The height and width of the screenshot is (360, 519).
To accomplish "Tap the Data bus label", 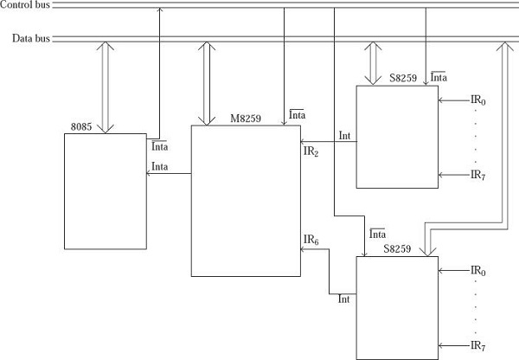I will click(x=30, y=39).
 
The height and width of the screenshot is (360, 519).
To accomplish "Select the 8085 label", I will click(x=80, y=127).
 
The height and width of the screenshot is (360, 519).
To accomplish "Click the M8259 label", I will click(x=247, y=117).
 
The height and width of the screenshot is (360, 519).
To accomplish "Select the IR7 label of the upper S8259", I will click(x=477, y=174).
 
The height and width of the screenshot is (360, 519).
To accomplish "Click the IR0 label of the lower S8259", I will click(x=477, y=271).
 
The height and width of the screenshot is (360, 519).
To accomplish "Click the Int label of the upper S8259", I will click(x=344, y=135).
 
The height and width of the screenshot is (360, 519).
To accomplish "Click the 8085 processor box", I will click(x=104, y=190).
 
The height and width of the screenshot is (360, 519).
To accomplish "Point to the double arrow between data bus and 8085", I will click(x=106, y=87).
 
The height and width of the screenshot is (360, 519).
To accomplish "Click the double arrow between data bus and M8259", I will click(x=206, y=83).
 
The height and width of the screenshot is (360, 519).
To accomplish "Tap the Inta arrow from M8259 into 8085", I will click(x=169, y=174).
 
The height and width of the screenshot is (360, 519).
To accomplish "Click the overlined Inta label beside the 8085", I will click(x=160, y=146).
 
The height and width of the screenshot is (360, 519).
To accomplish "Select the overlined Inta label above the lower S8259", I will click(x=377, y=235).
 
